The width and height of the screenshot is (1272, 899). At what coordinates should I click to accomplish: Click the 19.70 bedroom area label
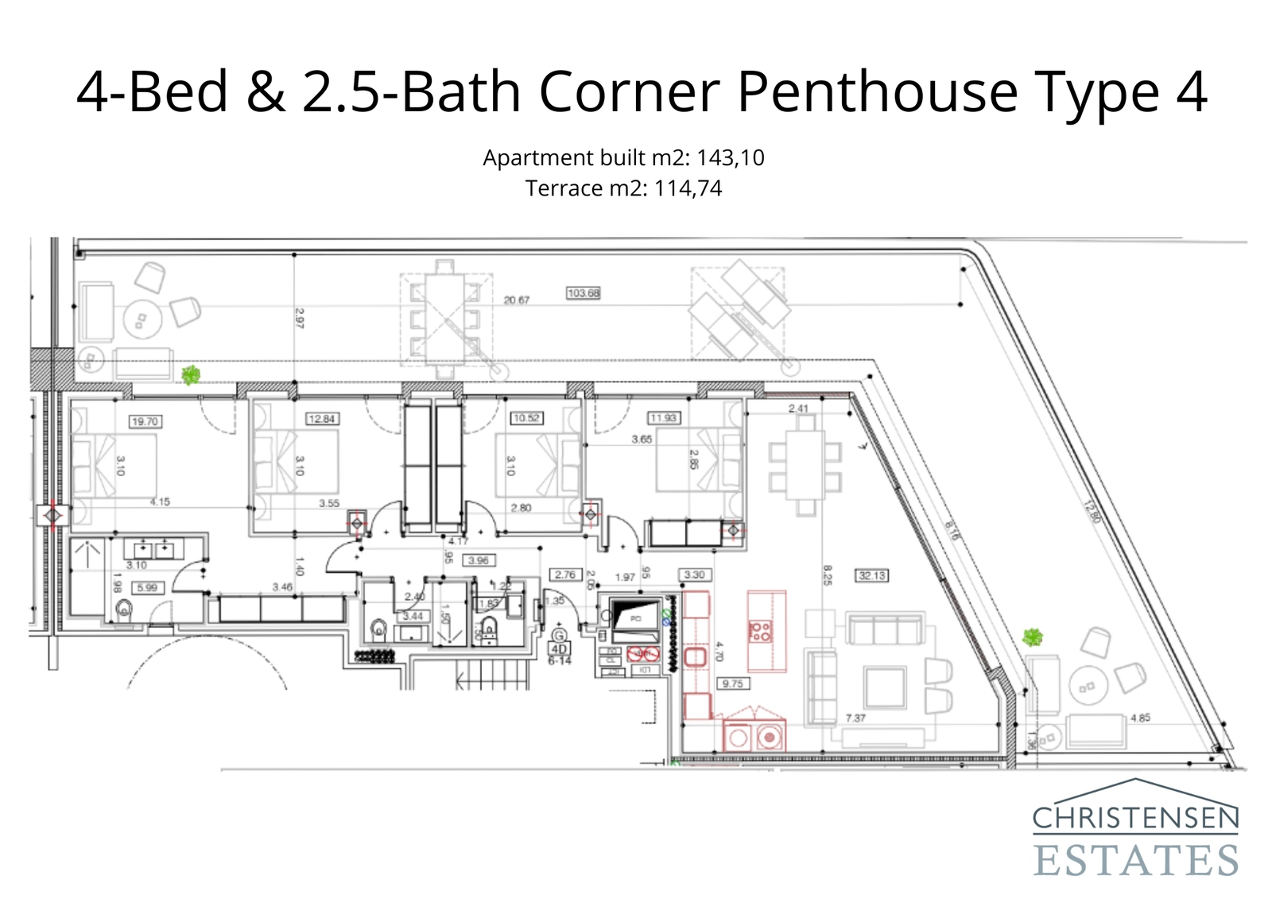tap(145, 421)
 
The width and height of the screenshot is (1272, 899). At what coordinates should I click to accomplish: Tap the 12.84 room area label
tap(322, 419)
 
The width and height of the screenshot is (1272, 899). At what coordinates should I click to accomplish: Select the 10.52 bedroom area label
tap(526, 418)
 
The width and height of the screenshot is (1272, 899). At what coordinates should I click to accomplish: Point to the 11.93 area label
tap(664, 418)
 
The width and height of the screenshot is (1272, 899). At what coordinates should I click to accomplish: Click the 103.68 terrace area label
tap(584, 293)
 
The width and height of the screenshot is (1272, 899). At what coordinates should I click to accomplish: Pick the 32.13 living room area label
tap(872, 575)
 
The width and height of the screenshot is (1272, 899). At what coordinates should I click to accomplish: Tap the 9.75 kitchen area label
tap(733, 684)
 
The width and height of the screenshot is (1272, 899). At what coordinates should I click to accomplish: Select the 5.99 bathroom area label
tap(147, 588)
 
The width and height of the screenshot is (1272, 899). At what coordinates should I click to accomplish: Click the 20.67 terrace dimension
tap(517, 300)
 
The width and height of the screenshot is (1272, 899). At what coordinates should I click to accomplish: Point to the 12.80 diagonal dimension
tap(1092, 510)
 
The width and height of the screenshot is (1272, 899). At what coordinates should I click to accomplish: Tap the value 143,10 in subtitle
tap(731, 157)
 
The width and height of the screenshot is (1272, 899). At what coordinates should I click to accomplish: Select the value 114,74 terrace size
tap(688, 188)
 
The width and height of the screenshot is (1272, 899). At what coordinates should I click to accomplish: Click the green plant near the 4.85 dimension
tap(1032, 637)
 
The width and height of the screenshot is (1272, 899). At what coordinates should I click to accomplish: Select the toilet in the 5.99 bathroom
tap(124, 611)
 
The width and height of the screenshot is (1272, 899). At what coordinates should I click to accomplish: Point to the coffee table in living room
tap(884, 688)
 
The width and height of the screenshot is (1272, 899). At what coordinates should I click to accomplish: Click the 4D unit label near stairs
tap(559, 649)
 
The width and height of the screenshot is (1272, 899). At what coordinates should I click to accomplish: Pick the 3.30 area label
tap(694, 575)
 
